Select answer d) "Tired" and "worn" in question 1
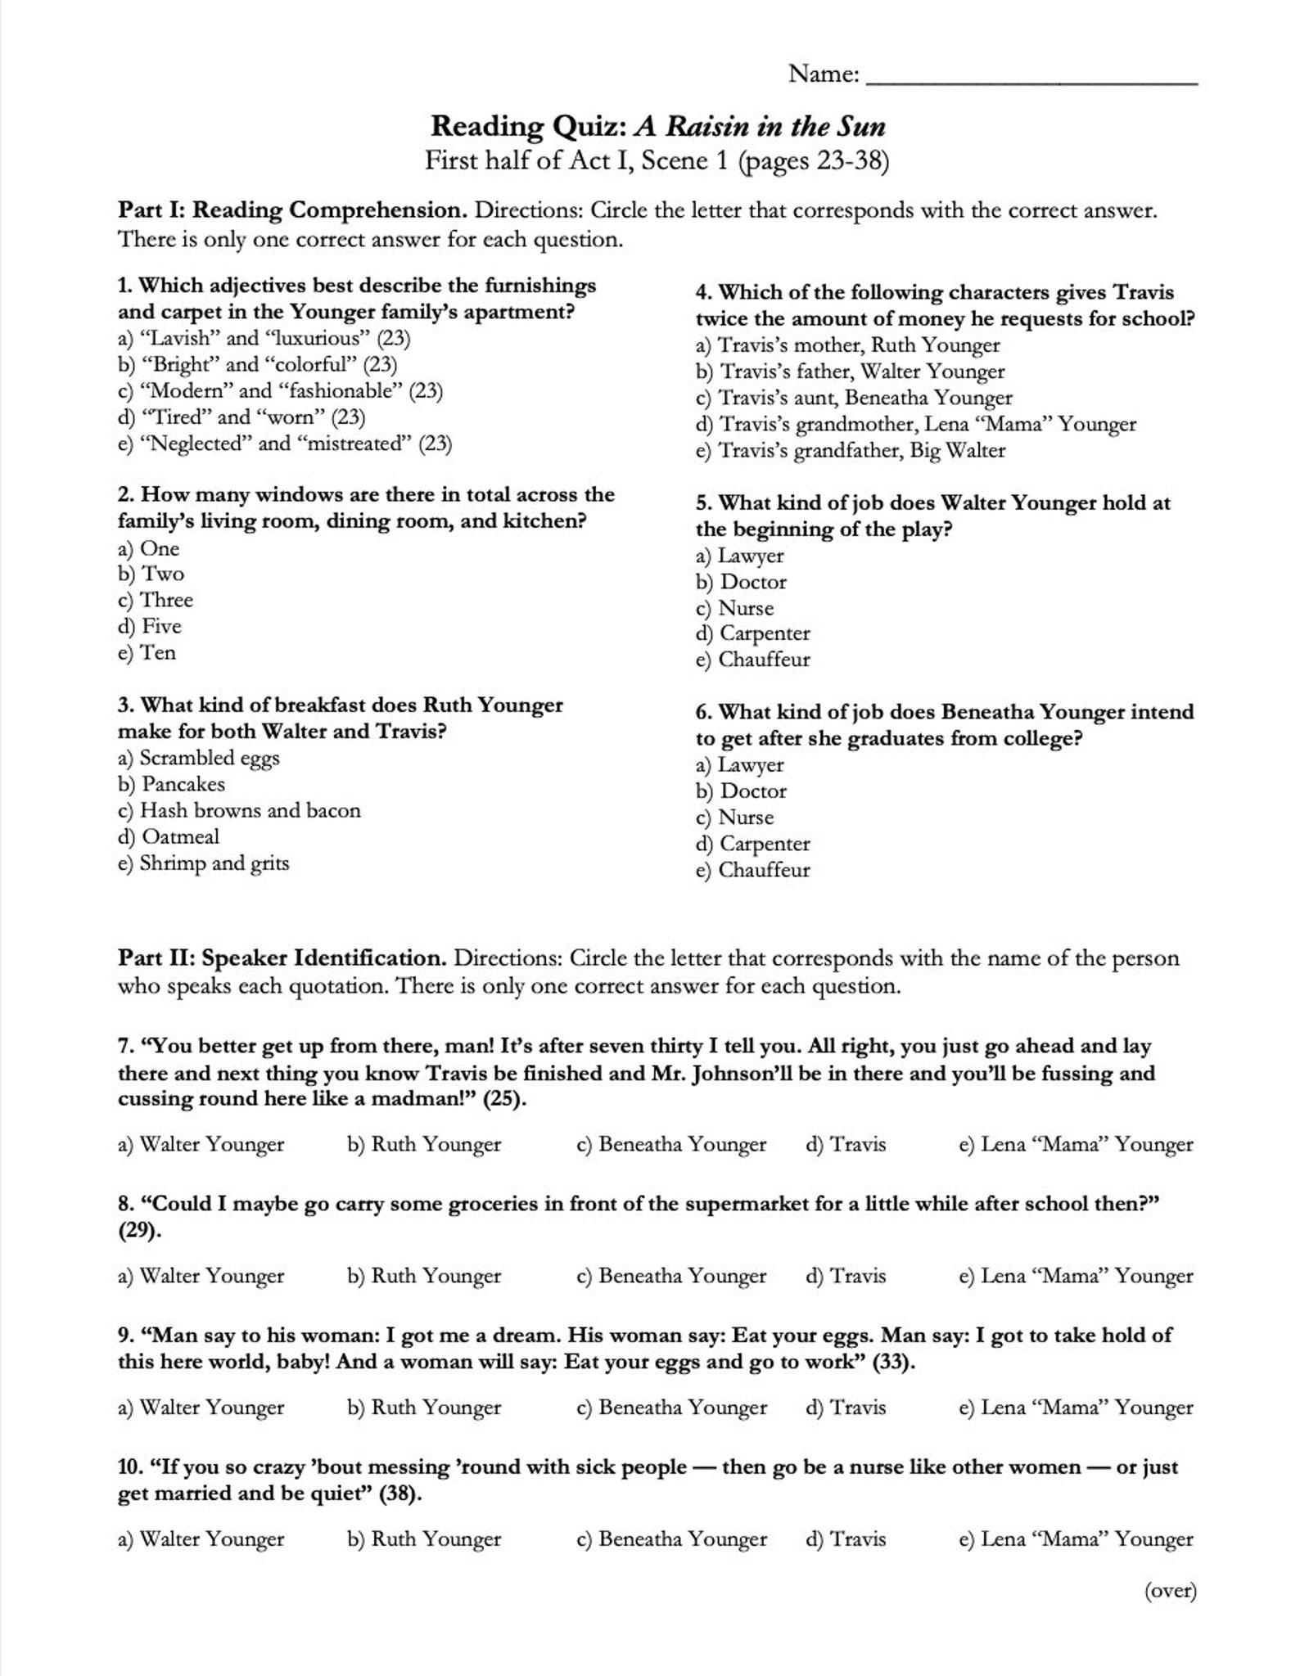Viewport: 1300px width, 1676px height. [x=241, y=417]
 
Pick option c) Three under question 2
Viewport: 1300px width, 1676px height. [x=156, y=600]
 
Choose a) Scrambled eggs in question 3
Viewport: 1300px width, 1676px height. [x=199, y=758]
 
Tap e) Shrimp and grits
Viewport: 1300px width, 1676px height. [x=204, y=863]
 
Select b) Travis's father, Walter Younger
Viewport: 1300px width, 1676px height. [x=850, y=372]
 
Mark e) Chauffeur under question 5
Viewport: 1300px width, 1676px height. [x=752, y=660]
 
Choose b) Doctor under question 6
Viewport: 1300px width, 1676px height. [x=741, y=791]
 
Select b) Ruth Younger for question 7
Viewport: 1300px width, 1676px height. [x=424, y=1144]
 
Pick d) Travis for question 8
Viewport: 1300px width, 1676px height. [x=846, y=1276]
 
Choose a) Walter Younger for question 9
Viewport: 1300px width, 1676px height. [x=201, y=1408]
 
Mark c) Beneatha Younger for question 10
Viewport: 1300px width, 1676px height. [x=671, y=1539]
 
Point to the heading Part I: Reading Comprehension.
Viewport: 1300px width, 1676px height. [x=292, y=210]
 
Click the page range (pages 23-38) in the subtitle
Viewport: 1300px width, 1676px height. [x=813, y=160]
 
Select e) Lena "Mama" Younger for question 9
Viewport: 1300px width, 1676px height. [x=1076, y=1408]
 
